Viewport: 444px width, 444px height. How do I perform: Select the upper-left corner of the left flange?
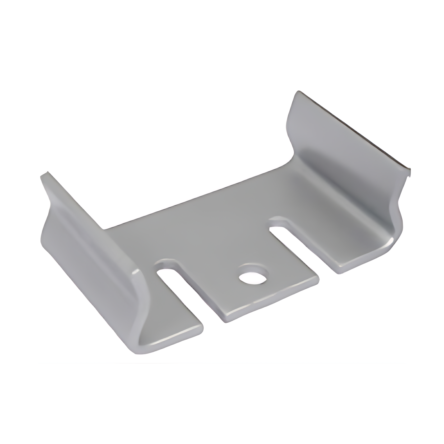point(45,174)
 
